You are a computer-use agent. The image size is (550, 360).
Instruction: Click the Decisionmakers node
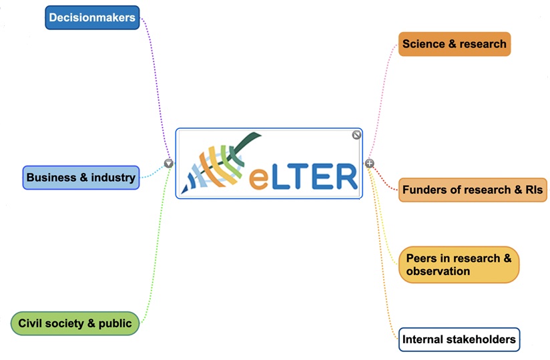[x=92, y=17]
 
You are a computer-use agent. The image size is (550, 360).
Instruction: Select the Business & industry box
[x=81, y=178]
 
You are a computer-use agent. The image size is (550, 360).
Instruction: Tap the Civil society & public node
[x=75, y=323]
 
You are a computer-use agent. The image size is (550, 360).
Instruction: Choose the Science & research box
[x=454, y=44]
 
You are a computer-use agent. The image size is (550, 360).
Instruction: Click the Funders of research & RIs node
[x=472, y=190]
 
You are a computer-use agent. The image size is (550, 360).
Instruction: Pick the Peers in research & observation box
[x=459, y=264]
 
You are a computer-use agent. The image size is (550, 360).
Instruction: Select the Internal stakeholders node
[x=459, y=339]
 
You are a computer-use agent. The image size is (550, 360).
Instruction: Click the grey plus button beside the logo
[x=369, y=164]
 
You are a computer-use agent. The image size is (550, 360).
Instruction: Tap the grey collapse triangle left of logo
[x=169, y=163]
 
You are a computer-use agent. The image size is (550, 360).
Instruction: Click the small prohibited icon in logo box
[x=356, y=135]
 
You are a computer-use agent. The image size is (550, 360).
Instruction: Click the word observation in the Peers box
[x=438, y=271]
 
